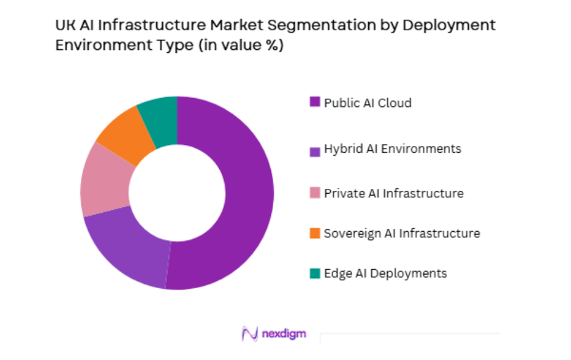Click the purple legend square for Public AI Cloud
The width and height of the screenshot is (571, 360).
[x=315, y=102]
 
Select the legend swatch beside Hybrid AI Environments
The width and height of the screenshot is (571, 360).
[x=315, y=149]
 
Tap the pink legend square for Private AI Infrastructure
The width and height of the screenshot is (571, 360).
[x=315, y=192]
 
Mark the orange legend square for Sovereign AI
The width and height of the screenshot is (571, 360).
[x=315, y=233]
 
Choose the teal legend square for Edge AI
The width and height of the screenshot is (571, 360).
[x=315, y=273]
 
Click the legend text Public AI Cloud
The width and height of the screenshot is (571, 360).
[x=368, y=103]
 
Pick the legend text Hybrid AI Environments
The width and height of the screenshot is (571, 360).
[x=392, y=149]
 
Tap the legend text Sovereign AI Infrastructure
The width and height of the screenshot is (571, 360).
[x=401, y=233]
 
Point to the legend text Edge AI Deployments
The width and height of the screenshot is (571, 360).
[x=385, y=273]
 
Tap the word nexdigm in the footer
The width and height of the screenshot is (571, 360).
[x=287, y=333]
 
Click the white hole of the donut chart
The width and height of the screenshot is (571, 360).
[x=177, y=192]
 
